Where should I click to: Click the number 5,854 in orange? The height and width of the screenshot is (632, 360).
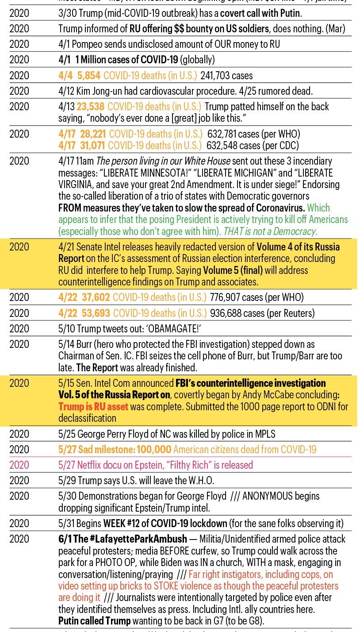coord(89,75)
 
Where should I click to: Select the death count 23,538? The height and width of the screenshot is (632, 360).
coord(90,107)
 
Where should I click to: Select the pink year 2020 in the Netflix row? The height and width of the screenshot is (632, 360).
coord(19,465)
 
